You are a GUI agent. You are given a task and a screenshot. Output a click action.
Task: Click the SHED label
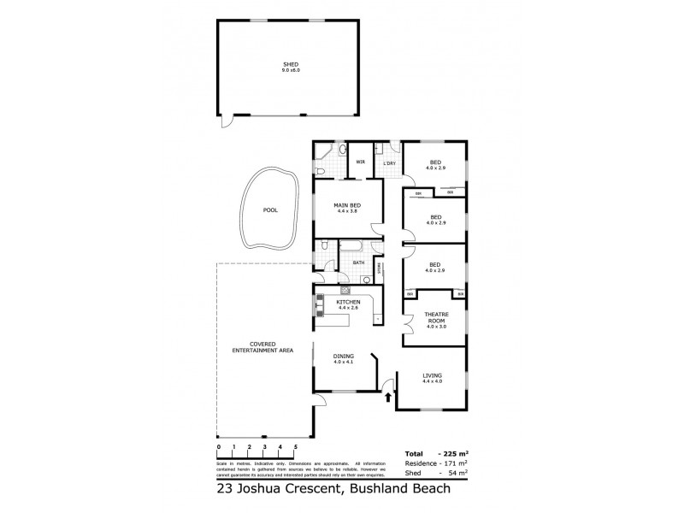(291, 64)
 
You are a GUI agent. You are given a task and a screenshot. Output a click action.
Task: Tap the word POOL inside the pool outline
(270, 209)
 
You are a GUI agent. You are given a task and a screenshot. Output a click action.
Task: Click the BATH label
(359, 263)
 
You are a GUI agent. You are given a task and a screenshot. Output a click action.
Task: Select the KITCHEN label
(348, 303)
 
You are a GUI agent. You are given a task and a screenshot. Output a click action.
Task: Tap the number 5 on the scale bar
(295, 447)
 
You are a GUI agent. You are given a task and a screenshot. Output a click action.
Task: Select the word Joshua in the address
(271, 490)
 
